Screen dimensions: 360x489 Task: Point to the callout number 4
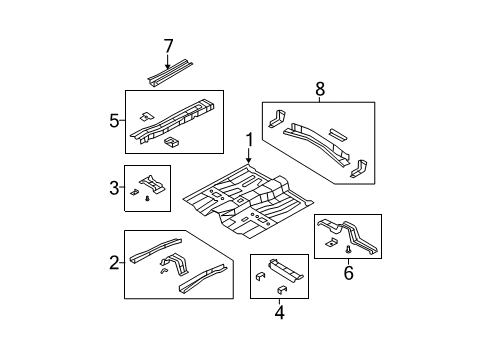pyautogui.click(x=279, y=310)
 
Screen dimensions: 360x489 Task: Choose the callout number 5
pyautogui.click(x=113, y=122)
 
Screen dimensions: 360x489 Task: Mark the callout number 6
pyautogui.click(x=349, y=273)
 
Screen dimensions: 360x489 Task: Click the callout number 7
pyautogui.click(x=168, y=45)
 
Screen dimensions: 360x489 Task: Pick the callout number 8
pyautogui.click(x=320, y=90)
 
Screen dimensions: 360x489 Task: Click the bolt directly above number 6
pyautogui.click(x=348, y=254)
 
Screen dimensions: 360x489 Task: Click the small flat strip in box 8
pyautogui.click(x=337, y=129)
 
